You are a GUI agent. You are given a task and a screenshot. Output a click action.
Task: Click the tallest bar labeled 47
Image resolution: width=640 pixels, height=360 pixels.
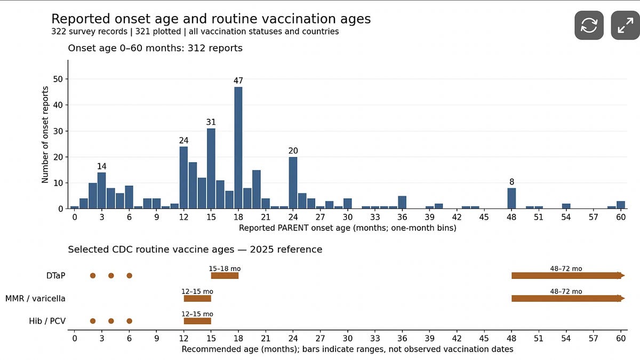pyautogui.click(x=238, y=148)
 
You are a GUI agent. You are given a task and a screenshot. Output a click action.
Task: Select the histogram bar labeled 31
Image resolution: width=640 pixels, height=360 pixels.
pyautogui.click(x=211, y=169)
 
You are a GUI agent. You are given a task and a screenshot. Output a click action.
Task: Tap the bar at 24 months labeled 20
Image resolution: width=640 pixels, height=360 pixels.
pyautogui.click(x=293, y=183)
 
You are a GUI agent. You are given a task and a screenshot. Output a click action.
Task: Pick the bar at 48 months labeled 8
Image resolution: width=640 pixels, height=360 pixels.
pyautogui.click(x=511, y=198)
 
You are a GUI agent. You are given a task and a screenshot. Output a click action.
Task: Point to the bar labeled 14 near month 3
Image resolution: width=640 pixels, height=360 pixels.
pyautogui.click(x=102, y=190)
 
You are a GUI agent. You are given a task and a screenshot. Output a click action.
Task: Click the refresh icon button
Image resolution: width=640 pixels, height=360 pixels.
pyautogui.click(x=589, y=25)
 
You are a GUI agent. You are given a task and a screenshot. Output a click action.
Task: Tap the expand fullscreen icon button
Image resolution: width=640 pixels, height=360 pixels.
pyautogui.click(x=625, y=25)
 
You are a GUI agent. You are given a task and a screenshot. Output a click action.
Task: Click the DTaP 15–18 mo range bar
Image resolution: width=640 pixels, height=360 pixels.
pyautogui.click(x=225, y=276)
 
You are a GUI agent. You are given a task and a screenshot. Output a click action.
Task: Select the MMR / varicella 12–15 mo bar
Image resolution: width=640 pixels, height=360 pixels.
pyautogui.click(x=197, y=299)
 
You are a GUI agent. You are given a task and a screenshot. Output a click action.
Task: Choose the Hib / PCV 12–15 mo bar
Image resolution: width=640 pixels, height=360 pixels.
pyautogui.click(x=197, y=321)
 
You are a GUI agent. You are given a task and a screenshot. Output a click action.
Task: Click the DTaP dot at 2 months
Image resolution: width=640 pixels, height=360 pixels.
pyautogui.click(x=93, y=276)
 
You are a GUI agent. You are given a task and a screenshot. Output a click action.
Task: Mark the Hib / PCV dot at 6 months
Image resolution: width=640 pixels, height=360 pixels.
pyautogui.click(x=130, y=321)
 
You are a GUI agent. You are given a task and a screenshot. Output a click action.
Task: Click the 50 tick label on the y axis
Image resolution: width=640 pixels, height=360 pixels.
pyautogui.click(x=58, y=79)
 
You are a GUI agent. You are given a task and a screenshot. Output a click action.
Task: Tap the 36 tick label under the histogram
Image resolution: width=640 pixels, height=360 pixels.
pyautogui.click(x=402, y=218)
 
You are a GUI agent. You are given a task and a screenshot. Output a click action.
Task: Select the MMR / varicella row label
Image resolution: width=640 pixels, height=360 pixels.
pyautogui.click(x=35, y=299)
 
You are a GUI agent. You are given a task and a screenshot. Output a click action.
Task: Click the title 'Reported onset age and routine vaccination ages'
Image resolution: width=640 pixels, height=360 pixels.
pyautogui.click(x=211, y=19)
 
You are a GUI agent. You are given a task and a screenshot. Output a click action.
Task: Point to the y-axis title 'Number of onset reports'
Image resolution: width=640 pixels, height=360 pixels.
pyautogui.click(x=45, y=134)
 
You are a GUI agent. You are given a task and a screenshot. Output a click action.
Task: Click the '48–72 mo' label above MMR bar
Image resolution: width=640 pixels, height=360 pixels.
pyautogui.click(x=566, y=291)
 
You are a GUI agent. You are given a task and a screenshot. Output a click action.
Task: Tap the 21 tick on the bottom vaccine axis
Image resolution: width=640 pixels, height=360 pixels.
pyautogui.click(x=266, y=339)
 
